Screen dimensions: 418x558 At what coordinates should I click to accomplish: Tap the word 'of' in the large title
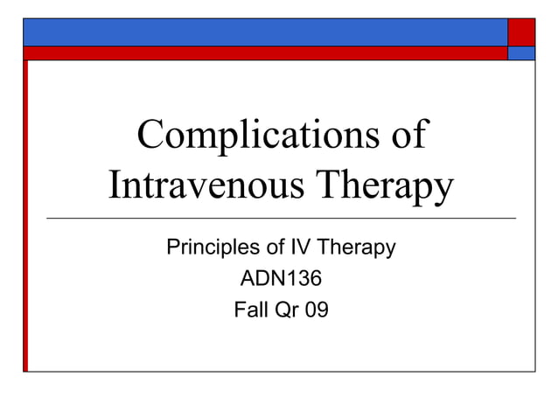pos(404,136)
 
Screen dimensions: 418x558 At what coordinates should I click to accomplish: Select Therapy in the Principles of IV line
pos(359,248)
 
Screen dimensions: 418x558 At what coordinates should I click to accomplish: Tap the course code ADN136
pos(281,279)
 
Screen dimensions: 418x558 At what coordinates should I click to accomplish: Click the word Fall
pos(251,309)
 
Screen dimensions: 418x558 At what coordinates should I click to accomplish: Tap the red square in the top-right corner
pos(521,32)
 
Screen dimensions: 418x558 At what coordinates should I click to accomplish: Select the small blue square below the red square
pos(521,52)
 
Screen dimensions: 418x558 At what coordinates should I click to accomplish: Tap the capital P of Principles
pos(172,248)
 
